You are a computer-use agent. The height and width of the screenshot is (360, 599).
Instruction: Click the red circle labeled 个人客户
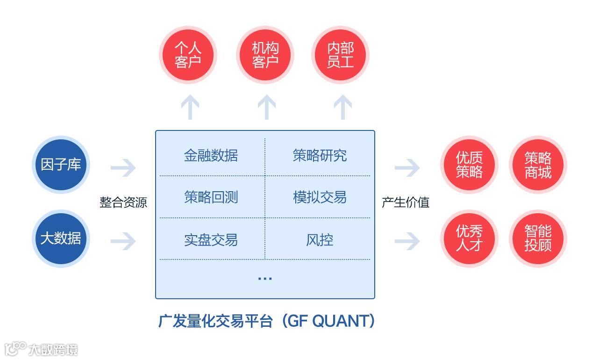click(188, 55)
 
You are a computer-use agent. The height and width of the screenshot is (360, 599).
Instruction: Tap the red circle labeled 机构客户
click(265, 55)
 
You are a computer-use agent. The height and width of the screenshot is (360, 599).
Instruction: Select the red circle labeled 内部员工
click(341, 55)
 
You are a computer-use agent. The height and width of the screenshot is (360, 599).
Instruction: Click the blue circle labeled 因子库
click(61, 165)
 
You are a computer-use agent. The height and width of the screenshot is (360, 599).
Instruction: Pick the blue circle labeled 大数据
click(61, 238)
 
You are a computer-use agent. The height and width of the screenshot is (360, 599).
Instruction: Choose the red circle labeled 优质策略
click(469, 165)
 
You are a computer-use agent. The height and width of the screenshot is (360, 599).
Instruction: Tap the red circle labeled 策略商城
click(538, 165)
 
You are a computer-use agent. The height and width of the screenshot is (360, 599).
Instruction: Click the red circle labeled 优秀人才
click(469, 238)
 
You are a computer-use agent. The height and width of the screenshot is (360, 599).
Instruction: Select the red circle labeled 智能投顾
click(538, 238)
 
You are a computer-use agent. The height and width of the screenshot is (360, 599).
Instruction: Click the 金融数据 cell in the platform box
click(211, 155)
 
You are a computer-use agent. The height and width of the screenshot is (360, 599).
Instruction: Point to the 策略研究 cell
click(320, 155)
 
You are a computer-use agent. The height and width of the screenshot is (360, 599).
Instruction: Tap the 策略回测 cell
click(211, 197)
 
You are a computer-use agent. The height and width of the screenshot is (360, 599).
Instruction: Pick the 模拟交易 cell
click(320, 197)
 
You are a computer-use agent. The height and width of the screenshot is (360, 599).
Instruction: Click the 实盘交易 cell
click(211, 240)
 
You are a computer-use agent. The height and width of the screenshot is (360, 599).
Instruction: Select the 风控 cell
click(320, 240)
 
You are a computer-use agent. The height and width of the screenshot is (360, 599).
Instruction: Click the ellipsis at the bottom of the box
click(265, 278)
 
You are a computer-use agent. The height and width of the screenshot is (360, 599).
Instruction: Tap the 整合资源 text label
click(123, 202)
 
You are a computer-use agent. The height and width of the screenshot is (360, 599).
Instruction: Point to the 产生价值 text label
click(406, 202)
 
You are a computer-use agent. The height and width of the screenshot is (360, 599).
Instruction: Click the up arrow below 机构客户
click(266, 107)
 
